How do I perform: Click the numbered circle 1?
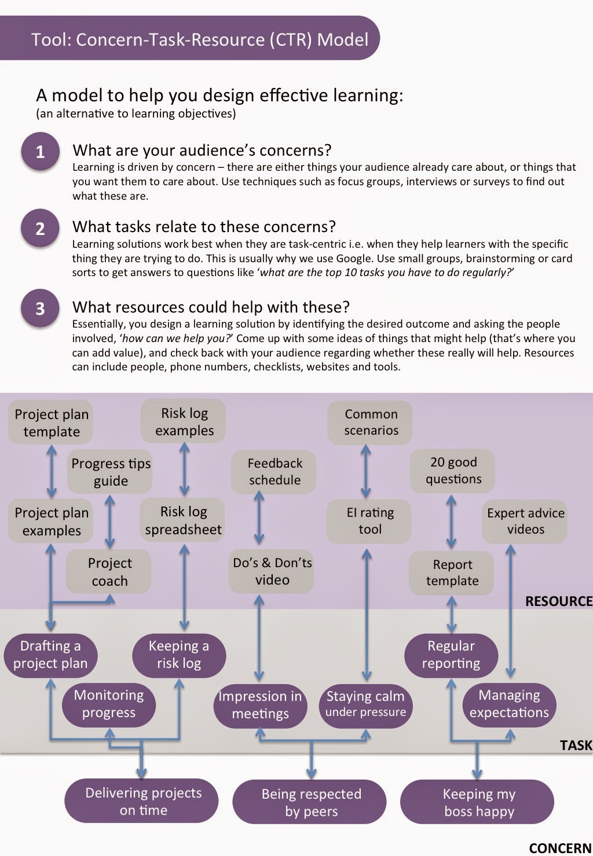click(x=40, y=152)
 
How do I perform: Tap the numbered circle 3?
click(x=40, y=308)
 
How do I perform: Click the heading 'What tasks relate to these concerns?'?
click(x=204, y=226)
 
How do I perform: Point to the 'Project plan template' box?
click(x=51, y=423)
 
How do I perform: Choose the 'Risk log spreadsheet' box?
click(x=183, y=520)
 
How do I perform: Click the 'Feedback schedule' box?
click(x=274, y=472)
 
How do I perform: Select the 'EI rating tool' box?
click(x=369, y=521)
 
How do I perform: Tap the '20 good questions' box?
click(x=453, y=471)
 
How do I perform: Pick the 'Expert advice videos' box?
click(x=525, y=521)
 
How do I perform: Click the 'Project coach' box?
click(x=109, y=572)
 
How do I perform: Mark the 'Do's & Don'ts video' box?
click(x=272, y=571)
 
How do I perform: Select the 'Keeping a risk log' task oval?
click(x=178, y=655)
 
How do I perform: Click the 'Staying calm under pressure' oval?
click(x=365, y=704)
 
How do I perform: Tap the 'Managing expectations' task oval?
click(x=509, y=704)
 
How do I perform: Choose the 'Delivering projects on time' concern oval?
click(x=142, y=801)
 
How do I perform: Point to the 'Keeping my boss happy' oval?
click(x=478, y=802)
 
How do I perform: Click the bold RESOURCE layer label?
click(x=558, y=601)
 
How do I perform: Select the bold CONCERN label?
click(x=559, y=848)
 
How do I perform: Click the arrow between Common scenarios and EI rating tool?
click(x=366, y=471)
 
